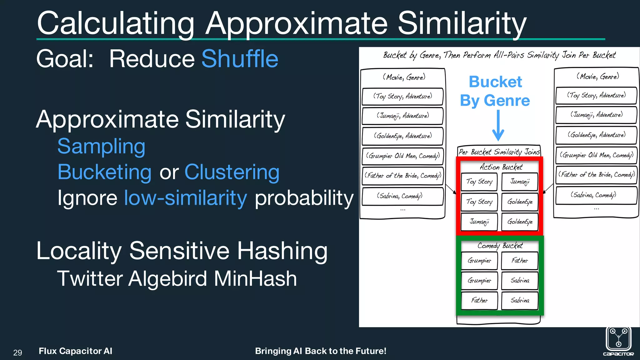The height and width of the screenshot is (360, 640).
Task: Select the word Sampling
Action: pos(101,146)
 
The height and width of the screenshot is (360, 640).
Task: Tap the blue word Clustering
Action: pos(232,172)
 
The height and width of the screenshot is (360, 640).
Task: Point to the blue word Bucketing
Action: pos(104,172)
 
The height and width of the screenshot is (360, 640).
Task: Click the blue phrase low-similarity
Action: pos(185,198)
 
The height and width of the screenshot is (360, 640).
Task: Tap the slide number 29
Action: pos(18,352)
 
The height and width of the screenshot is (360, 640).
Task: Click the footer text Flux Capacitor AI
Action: pos(75,351)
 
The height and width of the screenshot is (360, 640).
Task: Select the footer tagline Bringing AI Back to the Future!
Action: pos(321,351)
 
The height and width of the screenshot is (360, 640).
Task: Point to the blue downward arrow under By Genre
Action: pos(498,125)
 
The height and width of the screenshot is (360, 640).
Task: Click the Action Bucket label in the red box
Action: pos(501,167)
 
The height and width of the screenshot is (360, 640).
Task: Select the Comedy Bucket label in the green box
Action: pos(500,246)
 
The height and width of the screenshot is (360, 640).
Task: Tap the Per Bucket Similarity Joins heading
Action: pos(499,152)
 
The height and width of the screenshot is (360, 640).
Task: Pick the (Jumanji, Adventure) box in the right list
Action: pos(596,115)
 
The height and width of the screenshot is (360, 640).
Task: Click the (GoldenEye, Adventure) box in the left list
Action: pos(402,136)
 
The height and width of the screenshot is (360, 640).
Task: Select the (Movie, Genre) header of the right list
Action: pos(597,76)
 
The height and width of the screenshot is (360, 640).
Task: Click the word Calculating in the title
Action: pos(116,23)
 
